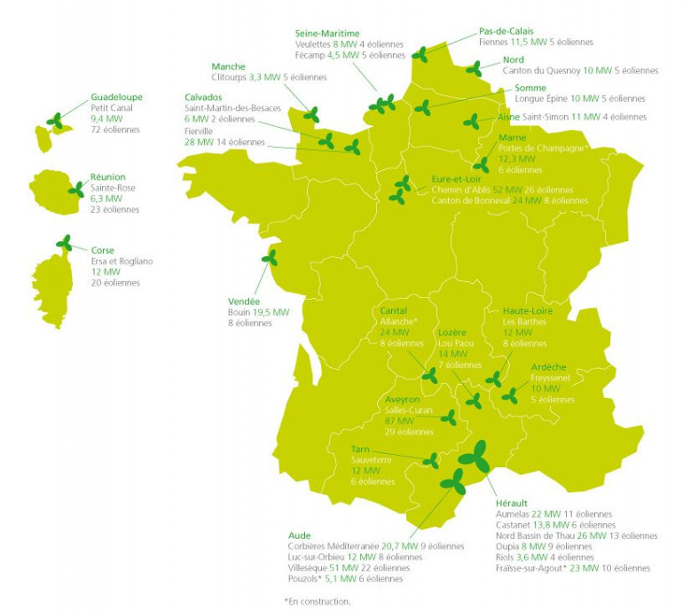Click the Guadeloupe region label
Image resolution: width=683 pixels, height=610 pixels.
116,97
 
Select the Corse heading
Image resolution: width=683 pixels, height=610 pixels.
103,251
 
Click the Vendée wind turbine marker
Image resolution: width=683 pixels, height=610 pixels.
269,259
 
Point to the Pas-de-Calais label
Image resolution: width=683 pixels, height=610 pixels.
506,31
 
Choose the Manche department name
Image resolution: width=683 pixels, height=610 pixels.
229,66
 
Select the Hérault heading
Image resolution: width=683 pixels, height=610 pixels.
512,504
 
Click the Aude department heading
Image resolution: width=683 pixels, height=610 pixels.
299,536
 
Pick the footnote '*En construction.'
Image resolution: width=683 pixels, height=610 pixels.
317,600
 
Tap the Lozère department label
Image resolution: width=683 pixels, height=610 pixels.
452,332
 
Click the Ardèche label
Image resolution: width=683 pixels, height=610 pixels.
548,367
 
